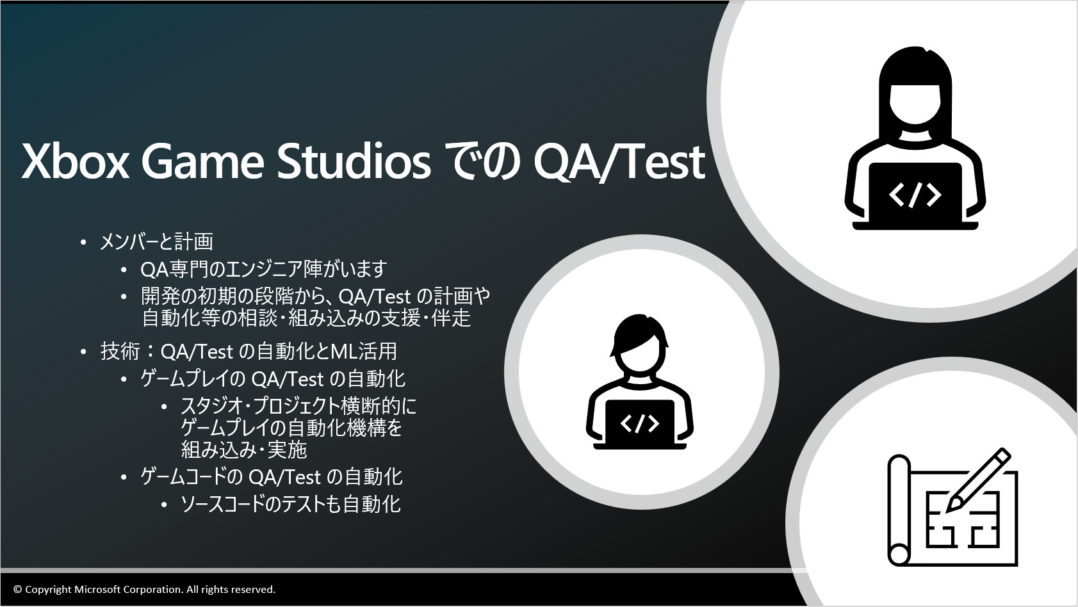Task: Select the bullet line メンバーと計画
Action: (x=156, y=241)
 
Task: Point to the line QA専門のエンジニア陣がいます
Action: (x=264, y=269)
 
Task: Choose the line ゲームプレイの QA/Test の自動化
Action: (x=273, y=380)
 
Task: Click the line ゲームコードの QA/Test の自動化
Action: (x=272, y=477)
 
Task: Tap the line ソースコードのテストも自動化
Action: (x=291, y=504)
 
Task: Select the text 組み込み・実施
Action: (x=244, y=449)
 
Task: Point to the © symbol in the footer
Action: (x=18, y=589)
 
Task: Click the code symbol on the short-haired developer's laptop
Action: (x=640, y=423)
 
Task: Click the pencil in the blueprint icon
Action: (x=977, y=480)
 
